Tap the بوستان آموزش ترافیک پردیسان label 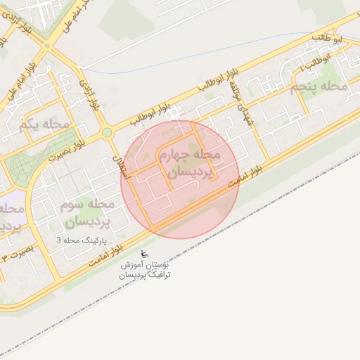pos(144,271)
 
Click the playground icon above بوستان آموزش pos(144,254)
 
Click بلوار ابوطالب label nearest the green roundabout pos(144,117)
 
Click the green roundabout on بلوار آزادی pos(106,131)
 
